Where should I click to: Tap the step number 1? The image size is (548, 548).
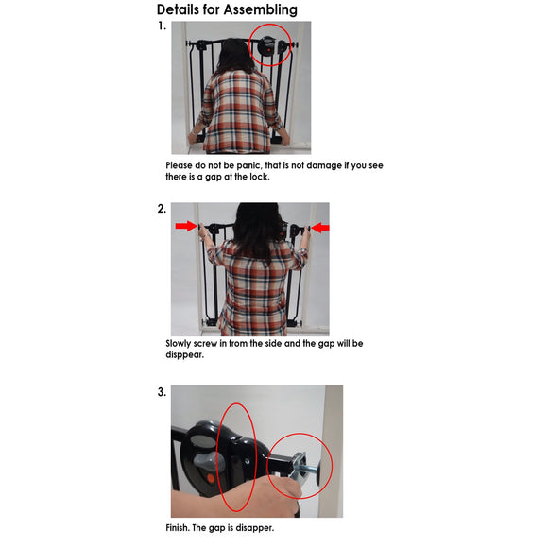(x=162, y=26)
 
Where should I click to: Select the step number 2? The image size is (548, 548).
(x=162, y=209)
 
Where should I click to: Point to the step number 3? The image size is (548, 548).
(x=162, y=392)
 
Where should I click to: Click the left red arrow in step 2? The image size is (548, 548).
(x=187, y=226)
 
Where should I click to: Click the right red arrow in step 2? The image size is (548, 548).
(x=320, y=228)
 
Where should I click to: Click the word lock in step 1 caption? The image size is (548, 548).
(x=259, y=177)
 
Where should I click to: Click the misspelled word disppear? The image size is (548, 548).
(x=184, y=354)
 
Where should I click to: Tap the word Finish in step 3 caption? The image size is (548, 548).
(x=178, y=528)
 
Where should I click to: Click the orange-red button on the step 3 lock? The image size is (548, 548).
(x=211, y=478)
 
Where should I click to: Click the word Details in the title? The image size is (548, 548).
(x=178, y=9)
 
